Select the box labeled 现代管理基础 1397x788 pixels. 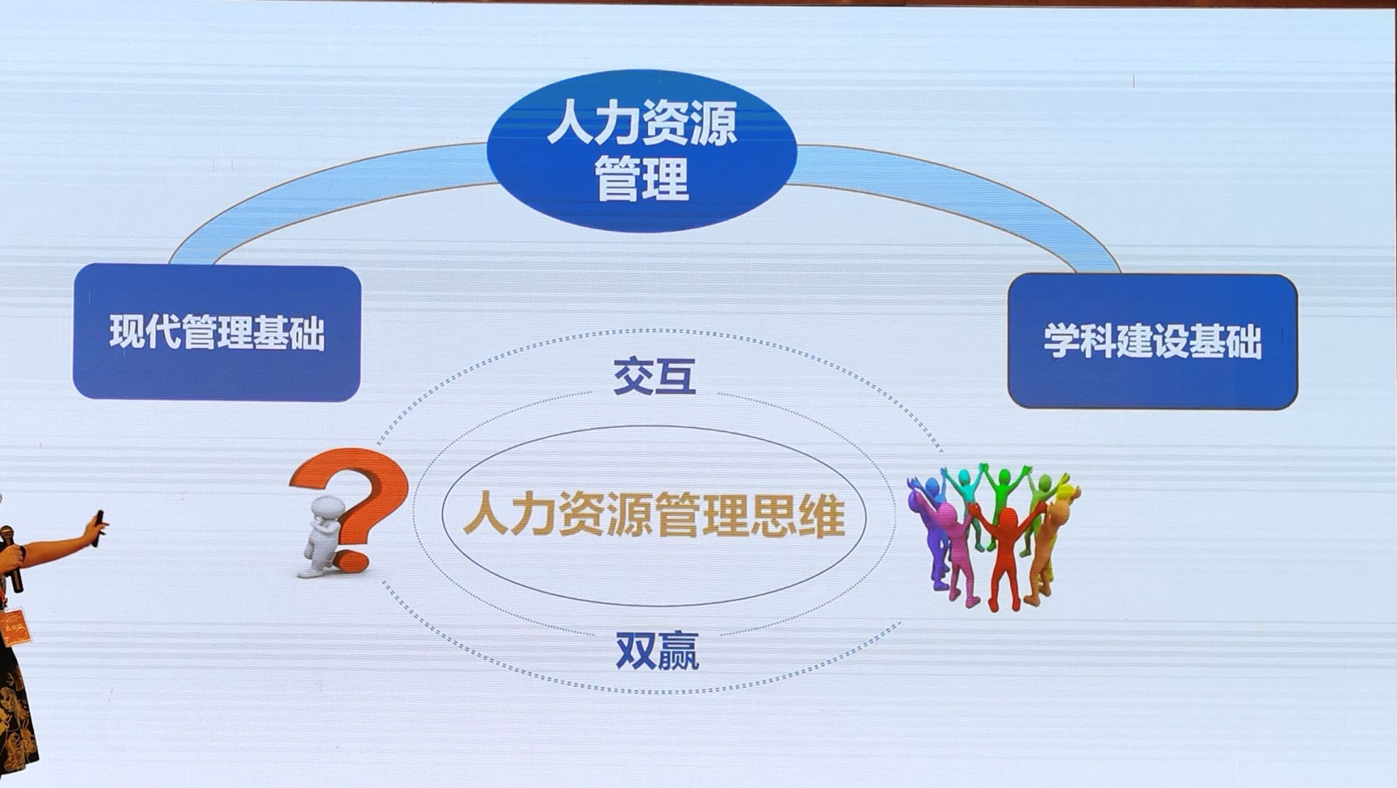(x=217, y=332)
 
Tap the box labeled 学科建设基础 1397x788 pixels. (x=1153, y=341)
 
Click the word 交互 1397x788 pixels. (x=654, y=376)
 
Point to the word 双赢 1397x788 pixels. (x=658, y=650)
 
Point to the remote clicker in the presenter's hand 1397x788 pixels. (x=99, y=527)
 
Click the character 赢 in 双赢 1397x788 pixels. (x=678, y=650)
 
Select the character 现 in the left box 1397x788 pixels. (x=127, y=333)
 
